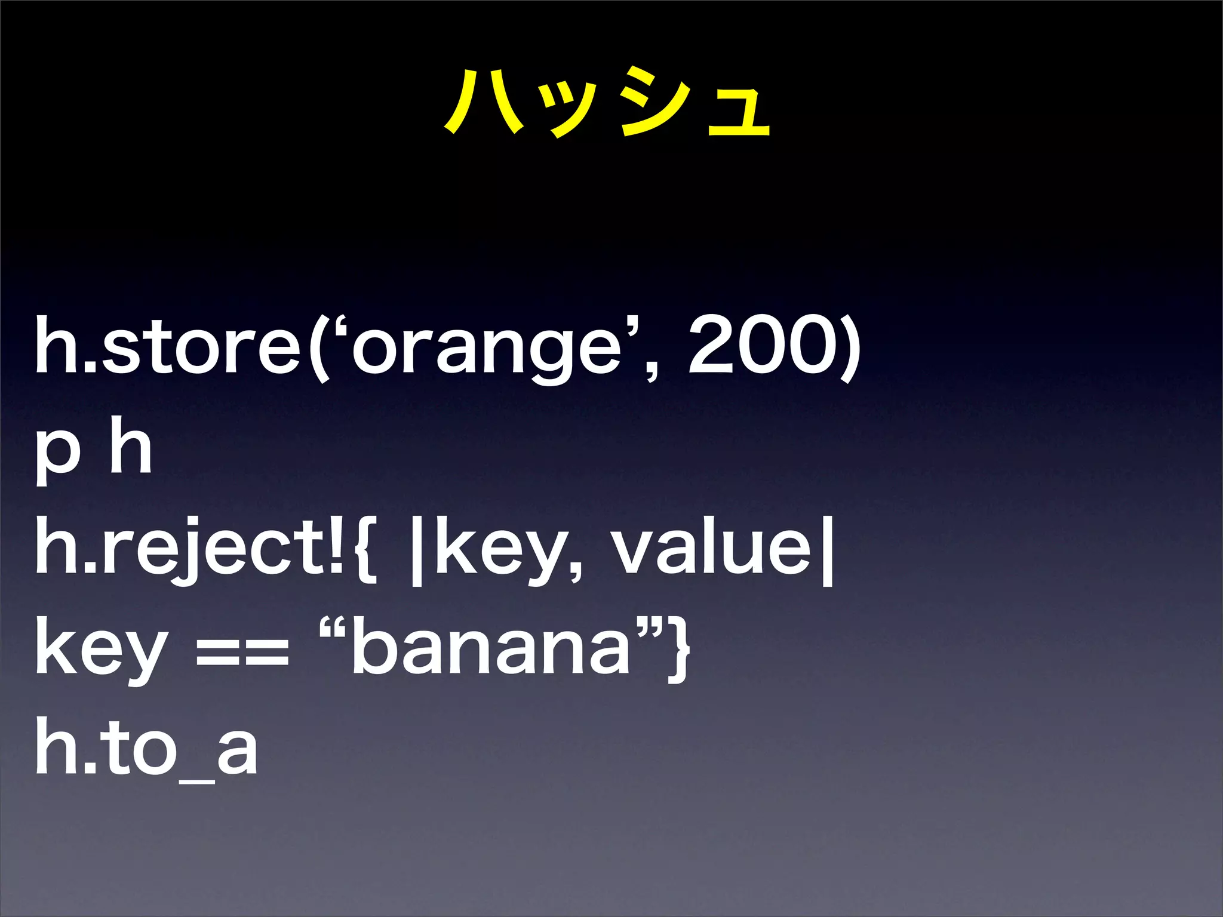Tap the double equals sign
tap(242, 651)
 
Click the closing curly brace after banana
tap(678, 648)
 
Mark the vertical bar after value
tap(827, 549)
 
